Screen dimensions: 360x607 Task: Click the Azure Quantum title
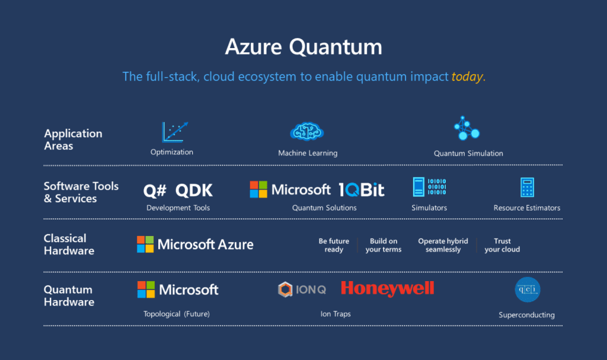point(303,47)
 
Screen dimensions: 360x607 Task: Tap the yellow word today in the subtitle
point(467,77)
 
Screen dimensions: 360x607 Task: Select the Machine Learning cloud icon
point(307,132)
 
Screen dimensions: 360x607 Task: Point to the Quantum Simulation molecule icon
point(467,128)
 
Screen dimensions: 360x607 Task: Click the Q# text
point(155,190)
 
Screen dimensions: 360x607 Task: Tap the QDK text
point(194,190)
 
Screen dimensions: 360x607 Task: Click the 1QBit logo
point(362,190)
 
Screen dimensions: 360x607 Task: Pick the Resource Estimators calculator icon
point(527,187)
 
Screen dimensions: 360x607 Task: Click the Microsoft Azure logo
point(195,244)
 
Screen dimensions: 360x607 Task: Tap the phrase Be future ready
point(334,246)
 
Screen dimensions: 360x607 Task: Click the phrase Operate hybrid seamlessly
point(443,246)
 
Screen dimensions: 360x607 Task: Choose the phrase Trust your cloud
point(502,246)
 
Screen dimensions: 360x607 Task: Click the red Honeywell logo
point(388,289)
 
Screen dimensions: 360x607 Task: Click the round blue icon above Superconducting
point(527,289)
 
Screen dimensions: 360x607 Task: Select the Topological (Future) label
point(177,314)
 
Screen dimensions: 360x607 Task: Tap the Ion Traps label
point(336,314)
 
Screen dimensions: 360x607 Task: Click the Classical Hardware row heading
point(69,244)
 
